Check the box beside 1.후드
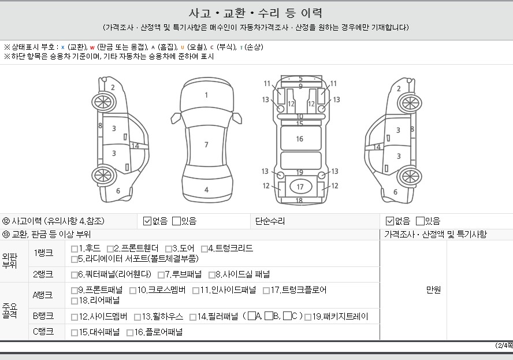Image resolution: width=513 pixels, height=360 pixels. click(75, 249)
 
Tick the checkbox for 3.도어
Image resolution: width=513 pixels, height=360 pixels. click(169, 249)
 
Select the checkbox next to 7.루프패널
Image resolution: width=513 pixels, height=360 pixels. click(161, 275)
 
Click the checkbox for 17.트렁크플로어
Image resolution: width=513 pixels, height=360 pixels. click(266, 290)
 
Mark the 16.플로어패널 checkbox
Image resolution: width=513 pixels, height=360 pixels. click(130, 333)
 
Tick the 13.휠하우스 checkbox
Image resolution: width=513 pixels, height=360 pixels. click(137, 317)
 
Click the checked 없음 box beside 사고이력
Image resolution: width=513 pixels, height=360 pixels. click(147, 221)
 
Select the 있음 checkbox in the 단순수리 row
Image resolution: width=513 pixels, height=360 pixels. click(420, 221)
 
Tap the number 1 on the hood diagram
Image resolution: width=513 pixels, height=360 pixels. click(206, 95)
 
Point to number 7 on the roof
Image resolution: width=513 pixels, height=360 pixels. click(206, 144)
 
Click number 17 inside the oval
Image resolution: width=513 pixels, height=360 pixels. click(300, 187)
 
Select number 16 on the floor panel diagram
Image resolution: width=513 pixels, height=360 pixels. click(300, 139)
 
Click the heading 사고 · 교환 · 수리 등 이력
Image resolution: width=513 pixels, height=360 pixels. click(255, 13)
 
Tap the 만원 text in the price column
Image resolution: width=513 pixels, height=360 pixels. click(433, 290)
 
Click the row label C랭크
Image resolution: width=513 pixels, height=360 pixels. click(43, 332)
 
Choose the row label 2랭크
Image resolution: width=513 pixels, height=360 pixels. click(43, 274)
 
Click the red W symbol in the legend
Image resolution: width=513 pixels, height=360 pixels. click(92, 47)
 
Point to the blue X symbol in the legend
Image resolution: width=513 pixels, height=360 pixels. click(63, 47)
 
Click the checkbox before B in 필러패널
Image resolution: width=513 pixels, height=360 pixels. click(269, 316)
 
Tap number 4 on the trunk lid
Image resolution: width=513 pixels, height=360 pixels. click(206, 190)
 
